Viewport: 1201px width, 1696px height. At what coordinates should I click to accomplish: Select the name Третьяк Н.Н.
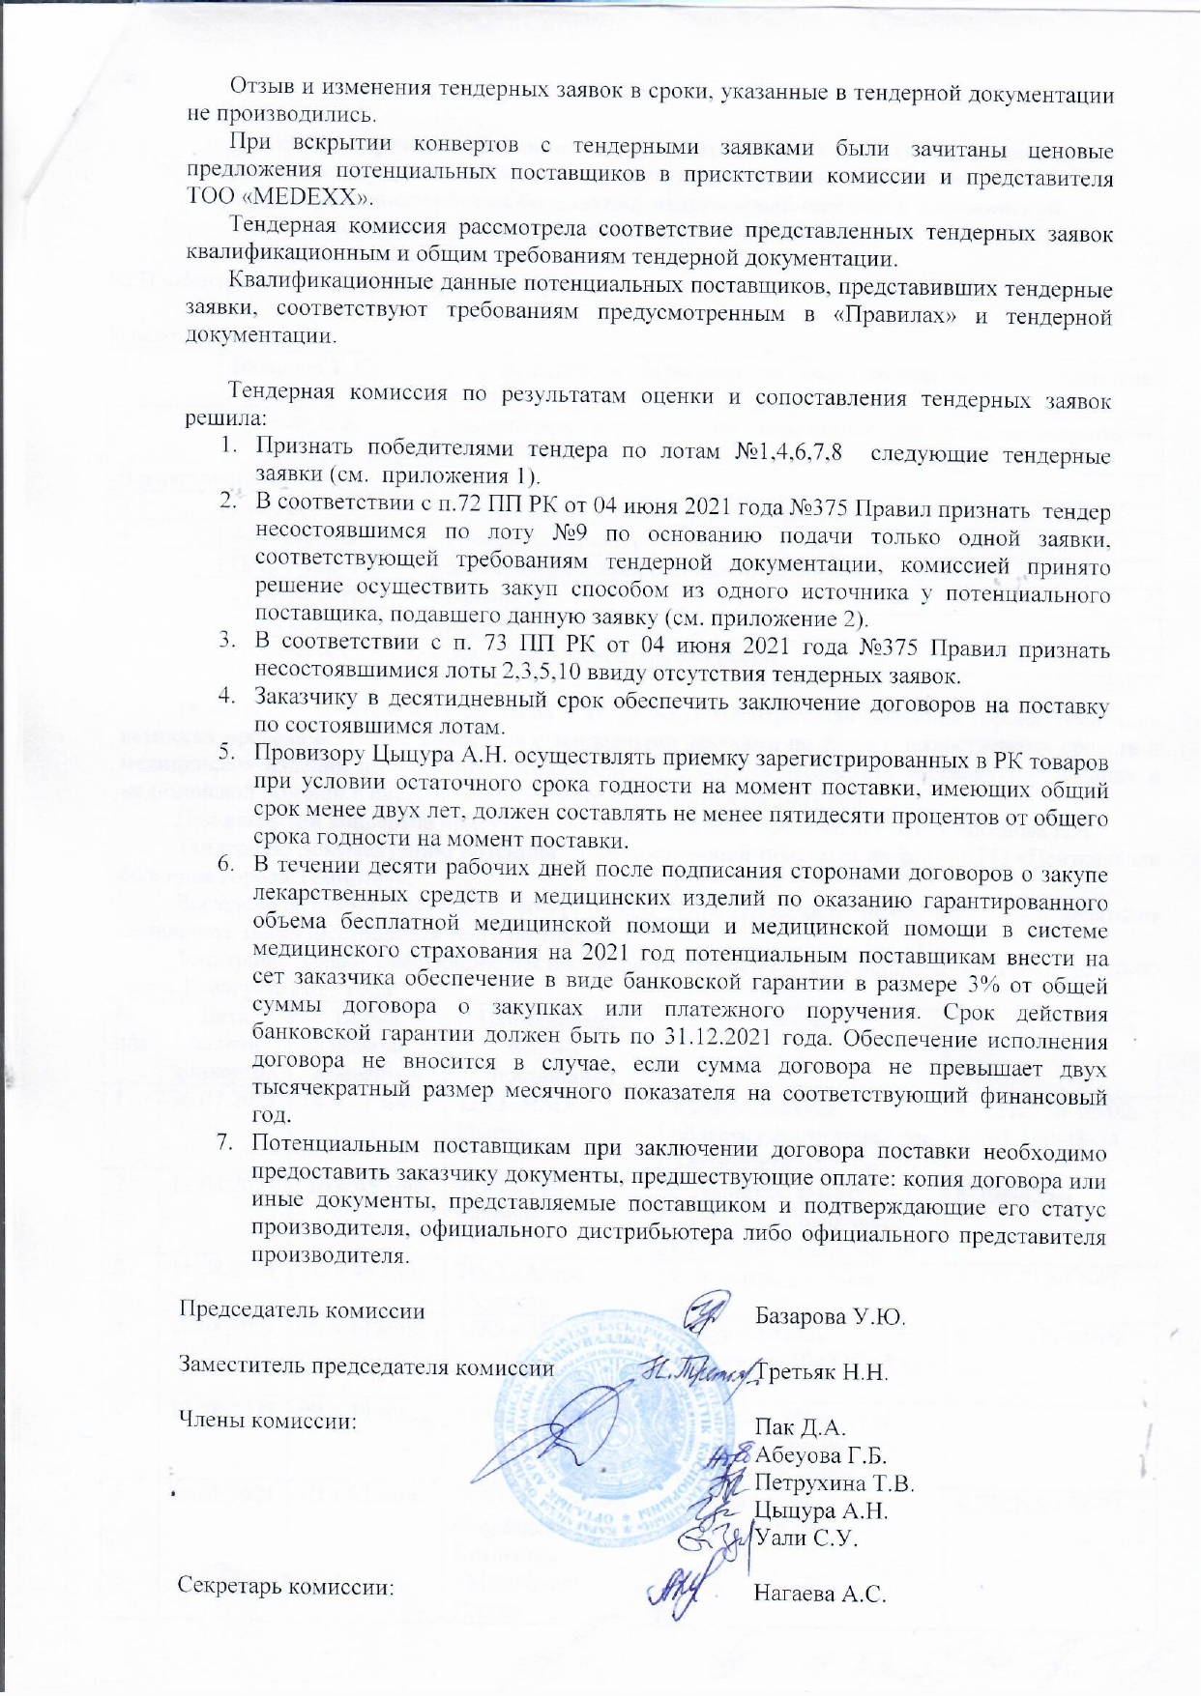[x=823, y=1372]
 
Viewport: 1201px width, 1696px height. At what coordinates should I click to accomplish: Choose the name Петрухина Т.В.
[x=835, y=1482]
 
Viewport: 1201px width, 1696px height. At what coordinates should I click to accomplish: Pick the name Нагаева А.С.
[x=820, y=1595]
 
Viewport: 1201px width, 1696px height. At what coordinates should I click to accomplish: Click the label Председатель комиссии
[x=303, y=1311]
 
